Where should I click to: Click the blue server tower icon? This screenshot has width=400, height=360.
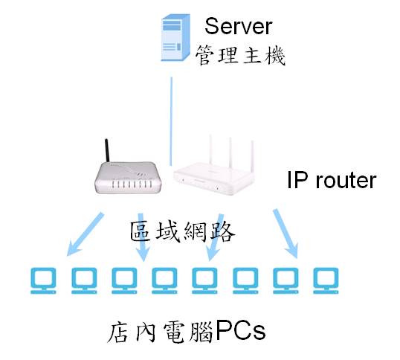click(x=175, y=37)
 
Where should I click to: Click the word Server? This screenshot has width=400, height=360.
click(x=238, y=26)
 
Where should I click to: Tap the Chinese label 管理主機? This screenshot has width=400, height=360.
click(x=240, y=55)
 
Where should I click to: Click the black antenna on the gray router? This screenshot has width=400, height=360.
click(x=107, y=150)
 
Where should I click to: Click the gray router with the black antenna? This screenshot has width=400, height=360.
click(x=128, y=177)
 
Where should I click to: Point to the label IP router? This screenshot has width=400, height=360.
click(x=332, y=181)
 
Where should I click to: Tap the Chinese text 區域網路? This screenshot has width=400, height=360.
click(x=183, y=231)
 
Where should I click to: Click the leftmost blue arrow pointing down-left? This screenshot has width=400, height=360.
click(x=86, y=234)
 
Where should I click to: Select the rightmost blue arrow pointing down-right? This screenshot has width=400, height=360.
click(x=286, y=234)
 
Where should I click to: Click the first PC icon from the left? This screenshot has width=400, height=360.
click(x=43, y=280)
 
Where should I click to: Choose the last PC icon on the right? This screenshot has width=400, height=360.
click(x=326, y=280)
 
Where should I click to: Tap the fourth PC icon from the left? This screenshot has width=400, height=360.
click(x=164, y=280)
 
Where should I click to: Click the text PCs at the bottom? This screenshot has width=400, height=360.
click(x=240, y=331)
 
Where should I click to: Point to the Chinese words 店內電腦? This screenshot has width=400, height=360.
click(x=160, y=332)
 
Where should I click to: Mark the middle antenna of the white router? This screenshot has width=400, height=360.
click(x=230, y=152)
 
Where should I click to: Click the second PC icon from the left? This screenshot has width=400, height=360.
click(x=84, y=280)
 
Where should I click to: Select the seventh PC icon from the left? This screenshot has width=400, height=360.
click(x=286, y=280)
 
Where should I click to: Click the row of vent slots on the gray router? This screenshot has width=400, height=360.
click(x=132, y=184)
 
